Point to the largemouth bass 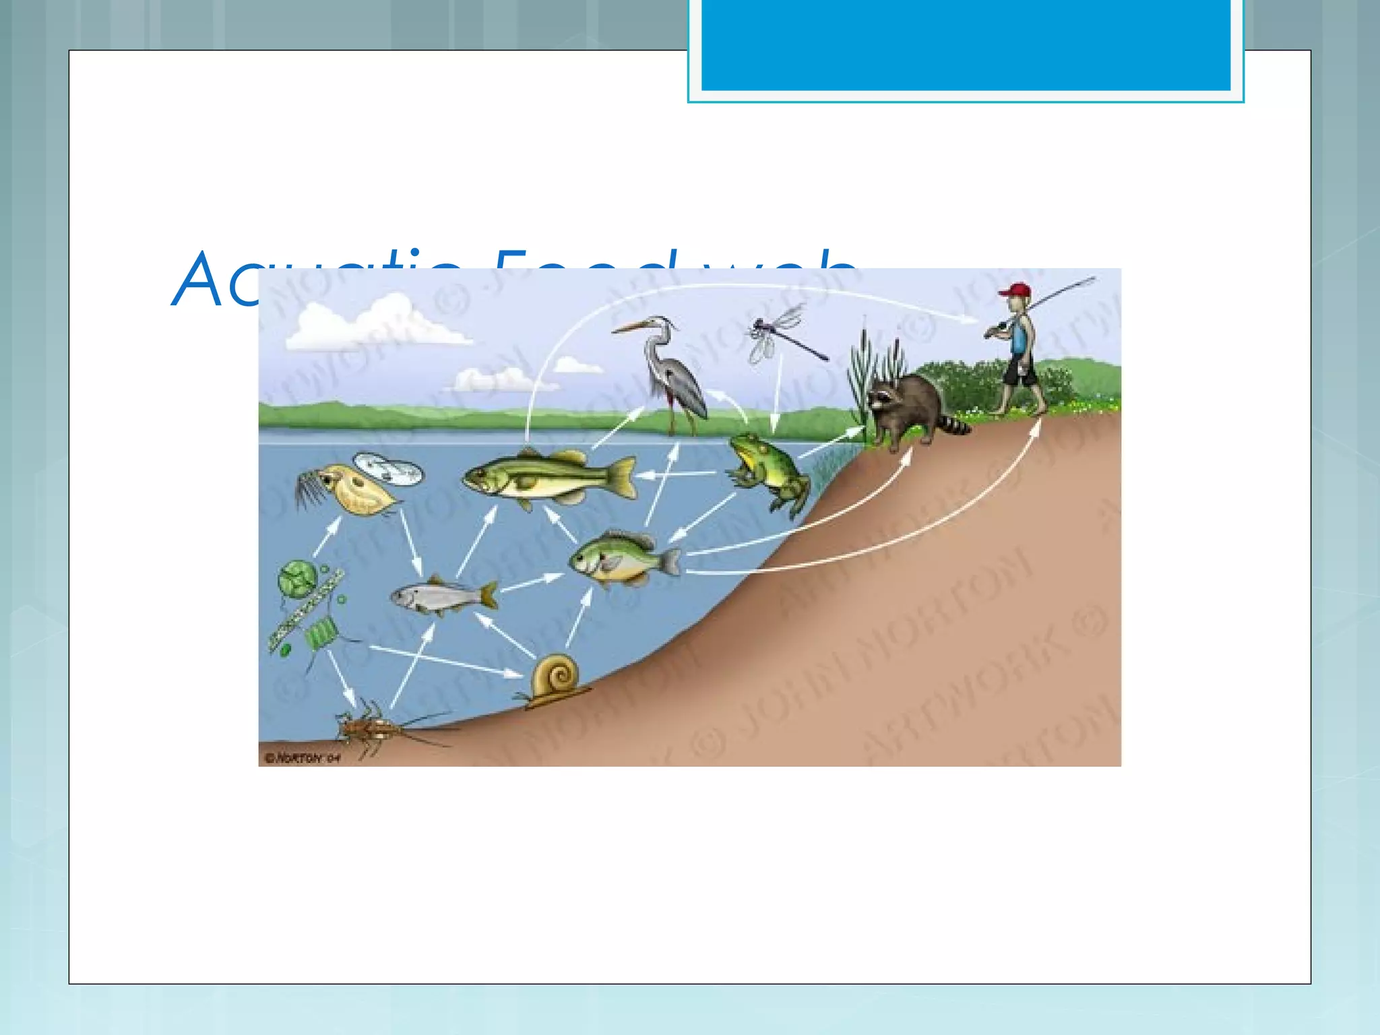(539, 475)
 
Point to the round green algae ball (296, 578)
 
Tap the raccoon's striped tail (953, 425)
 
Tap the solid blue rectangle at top (965, 44)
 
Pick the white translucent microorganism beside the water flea (389, 468)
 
